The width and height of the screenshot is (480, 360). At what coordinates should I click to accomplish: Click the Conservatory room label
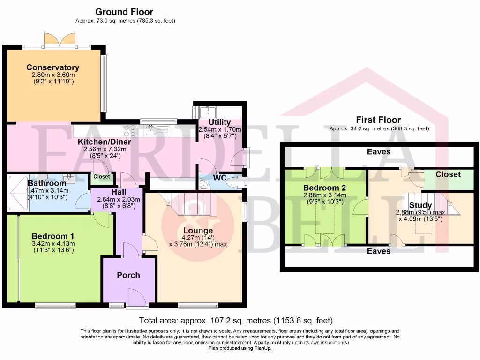pyautogui.click(x=53, y=67)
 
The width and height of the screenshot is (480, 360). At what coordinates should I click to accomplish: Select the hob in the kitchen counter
pyautogui.click(x=129, y=131)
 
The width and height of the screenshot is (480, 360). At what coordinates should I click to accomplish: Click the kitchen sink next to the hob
pyautogui.click(x=150, y=131)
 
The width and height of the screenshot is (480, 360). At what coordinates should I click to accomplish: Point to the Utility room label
pyautogui.click(x=219, y=122)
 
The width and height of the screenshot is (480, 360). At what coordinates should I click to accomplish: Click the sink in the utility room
pyautogui.click(x=208, y=112)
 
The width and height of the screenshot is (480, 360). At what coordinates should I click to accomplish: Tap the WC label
pyautogui.click(x=220, y=178)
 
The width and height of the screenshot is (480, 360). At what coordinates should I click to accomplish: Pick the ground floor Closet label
pyautogui.click(x=102, y=177)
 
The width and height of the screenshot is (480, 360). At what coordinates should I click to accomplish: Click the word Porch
pyautogui.click(x=128, y=275)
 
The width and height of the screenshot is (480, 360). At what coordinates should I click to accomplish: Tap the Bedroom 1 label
pyautogui.click(x=53, y=236)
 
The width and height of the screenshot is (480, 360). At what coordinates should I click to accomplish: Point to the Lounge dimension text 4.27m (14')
pyautogui.click(x=198, y=238)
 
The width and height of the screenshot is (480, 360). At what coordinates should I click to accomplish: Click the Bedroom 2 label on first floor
pyautogui.click(x=325, y=187)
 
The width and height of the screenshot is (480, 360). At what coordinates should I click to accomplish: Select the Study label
pyautogui.click(x=420, y=205)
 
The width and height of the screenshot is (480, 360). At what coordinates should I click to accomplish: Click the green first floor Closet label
pyautogui.click(x=448, y=174)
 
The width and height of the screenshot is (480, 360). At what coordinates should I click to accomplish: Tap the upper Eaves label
pyautogui.click(x=379, y=151)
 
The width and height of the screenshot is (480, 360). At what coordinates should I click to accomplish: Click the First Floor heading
pyautogui.click(x=378, y=120)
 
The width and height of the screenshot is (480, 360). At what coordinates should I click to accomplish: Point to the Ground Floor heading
pyautogui.click(x=124, y=12)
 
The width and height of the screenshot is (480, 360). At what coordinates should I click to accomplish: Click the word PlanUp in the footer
pyautogui.click(x=262, y=348)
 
